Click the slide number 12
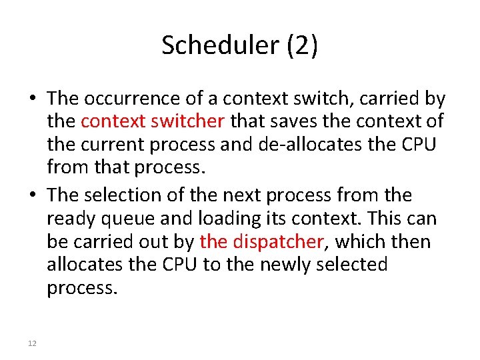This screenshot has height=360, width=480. (32, 343)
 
